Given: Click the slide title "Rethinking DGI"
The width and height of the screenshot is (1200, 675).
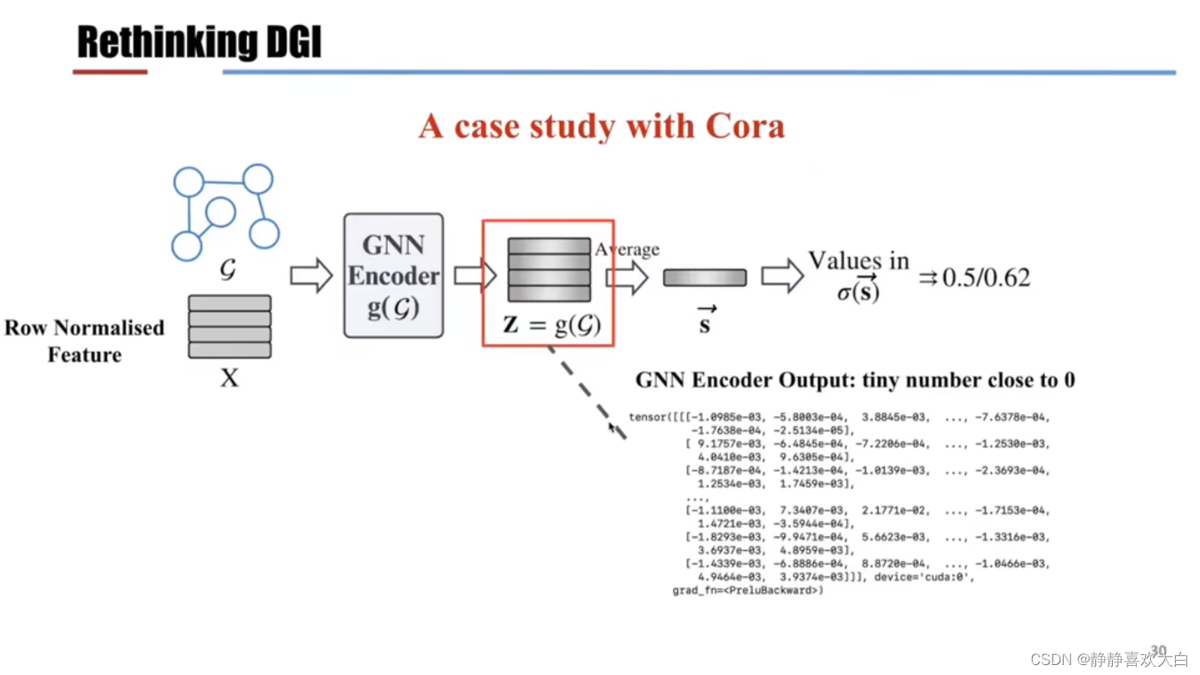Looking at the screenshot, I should point(199,42).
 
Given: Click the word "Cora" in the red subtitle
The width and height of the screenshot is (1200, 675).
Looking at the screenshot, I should point(745,126).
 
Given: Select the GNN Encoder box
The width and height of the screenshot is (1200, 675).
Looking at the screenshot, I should point(393,276).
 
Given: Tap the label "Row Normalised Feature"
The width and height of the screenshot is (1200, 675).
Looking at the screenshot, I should point(84,341).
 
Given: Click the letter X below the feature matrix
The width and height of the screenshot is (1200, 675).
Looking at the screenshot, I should point(229,379).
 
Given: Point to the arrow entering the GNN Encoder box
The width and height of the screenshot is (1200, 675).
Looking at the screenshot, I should point(311,276).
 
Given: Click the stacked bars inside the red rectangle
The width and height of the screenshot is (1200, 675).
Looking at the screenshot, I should point(548,270).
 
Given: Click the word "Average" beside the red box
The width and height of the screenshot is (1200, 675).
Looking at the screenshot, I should point(627,249).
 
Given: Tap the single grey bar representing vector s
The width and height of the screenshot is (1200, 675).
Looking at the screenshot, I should point(705,278).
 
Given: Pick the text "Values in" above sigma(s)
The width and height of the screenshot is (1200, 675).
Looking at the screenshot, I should point(858,260).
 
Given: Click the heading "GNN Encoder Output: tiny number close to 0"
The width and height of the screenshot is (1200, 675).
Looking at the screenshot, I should point(855,380).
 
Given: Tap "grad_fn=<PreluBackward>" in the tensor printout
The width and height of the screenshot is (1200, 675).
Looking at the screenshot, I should point(747,591).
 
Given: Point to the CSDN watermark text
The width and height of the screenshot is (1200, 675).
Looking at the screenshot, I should point(1109,659).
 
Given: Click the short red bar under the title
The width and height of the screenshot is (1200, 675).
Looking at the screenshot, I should point(110,72).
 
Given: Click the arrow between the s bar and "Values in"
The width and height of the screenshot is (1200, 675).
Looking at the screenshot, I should point(780,277).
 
